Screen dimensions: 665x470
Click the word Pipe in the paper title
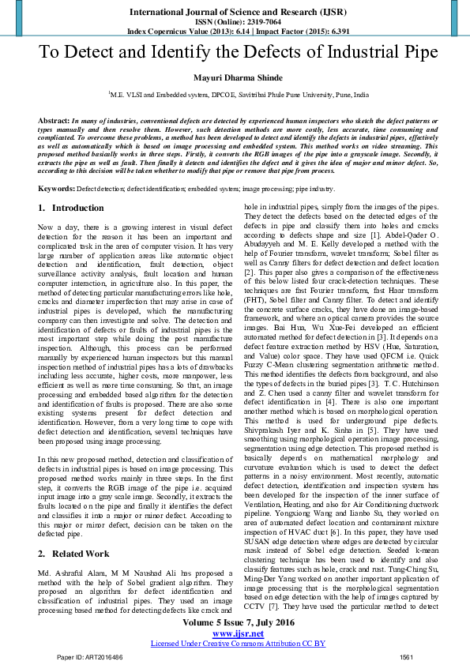pos(419,54)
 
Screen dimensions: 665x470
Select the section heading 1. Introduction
pos(71,209)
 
